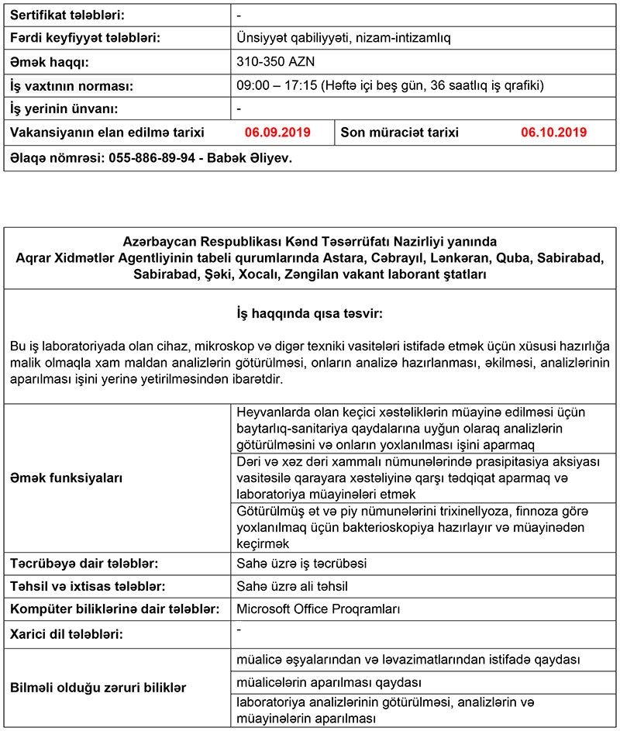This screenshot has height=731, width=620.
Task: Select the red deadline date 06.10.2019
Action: [553, 133]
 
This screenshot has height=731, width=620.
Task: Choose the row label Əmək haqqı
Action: [49, 60]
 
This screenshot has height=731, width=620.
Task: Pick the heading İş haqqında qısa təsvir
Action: [310, 315]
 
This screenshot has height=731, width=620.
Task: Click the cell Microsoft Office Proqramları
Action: [318, 609]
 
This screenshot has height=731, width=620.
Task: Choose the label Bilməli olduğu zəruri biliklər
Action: [98, 688]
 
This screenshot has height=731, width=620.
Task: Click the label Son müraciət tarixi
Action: [400, 133]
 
